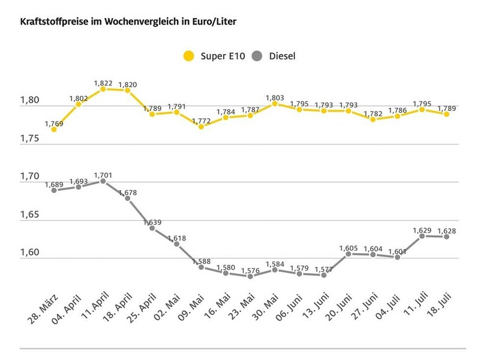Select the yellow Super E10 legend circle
click(x=188, y=56)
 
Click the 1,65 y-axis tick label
click(x=30, y=214)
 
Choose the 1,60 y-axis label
click(x=30, y=252)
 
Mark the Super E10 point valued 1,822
click(x=103, y=88)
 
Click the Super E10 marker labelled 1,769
click(x=54, y=128)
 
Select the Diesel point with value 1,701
click(x=103, y=181)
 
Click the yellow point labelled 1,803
click(x=274, y=103)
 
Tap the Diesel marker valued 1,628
click(x=446, y=236)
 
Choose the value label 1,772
click(x=201, y=121)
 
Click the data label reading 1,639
click(x=152, y=221)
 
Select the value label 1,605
click(x=348, y=247)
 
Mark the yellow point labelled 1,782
click(x=373, y=119)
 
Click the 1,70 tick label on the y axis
click(x=30, y=176)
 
